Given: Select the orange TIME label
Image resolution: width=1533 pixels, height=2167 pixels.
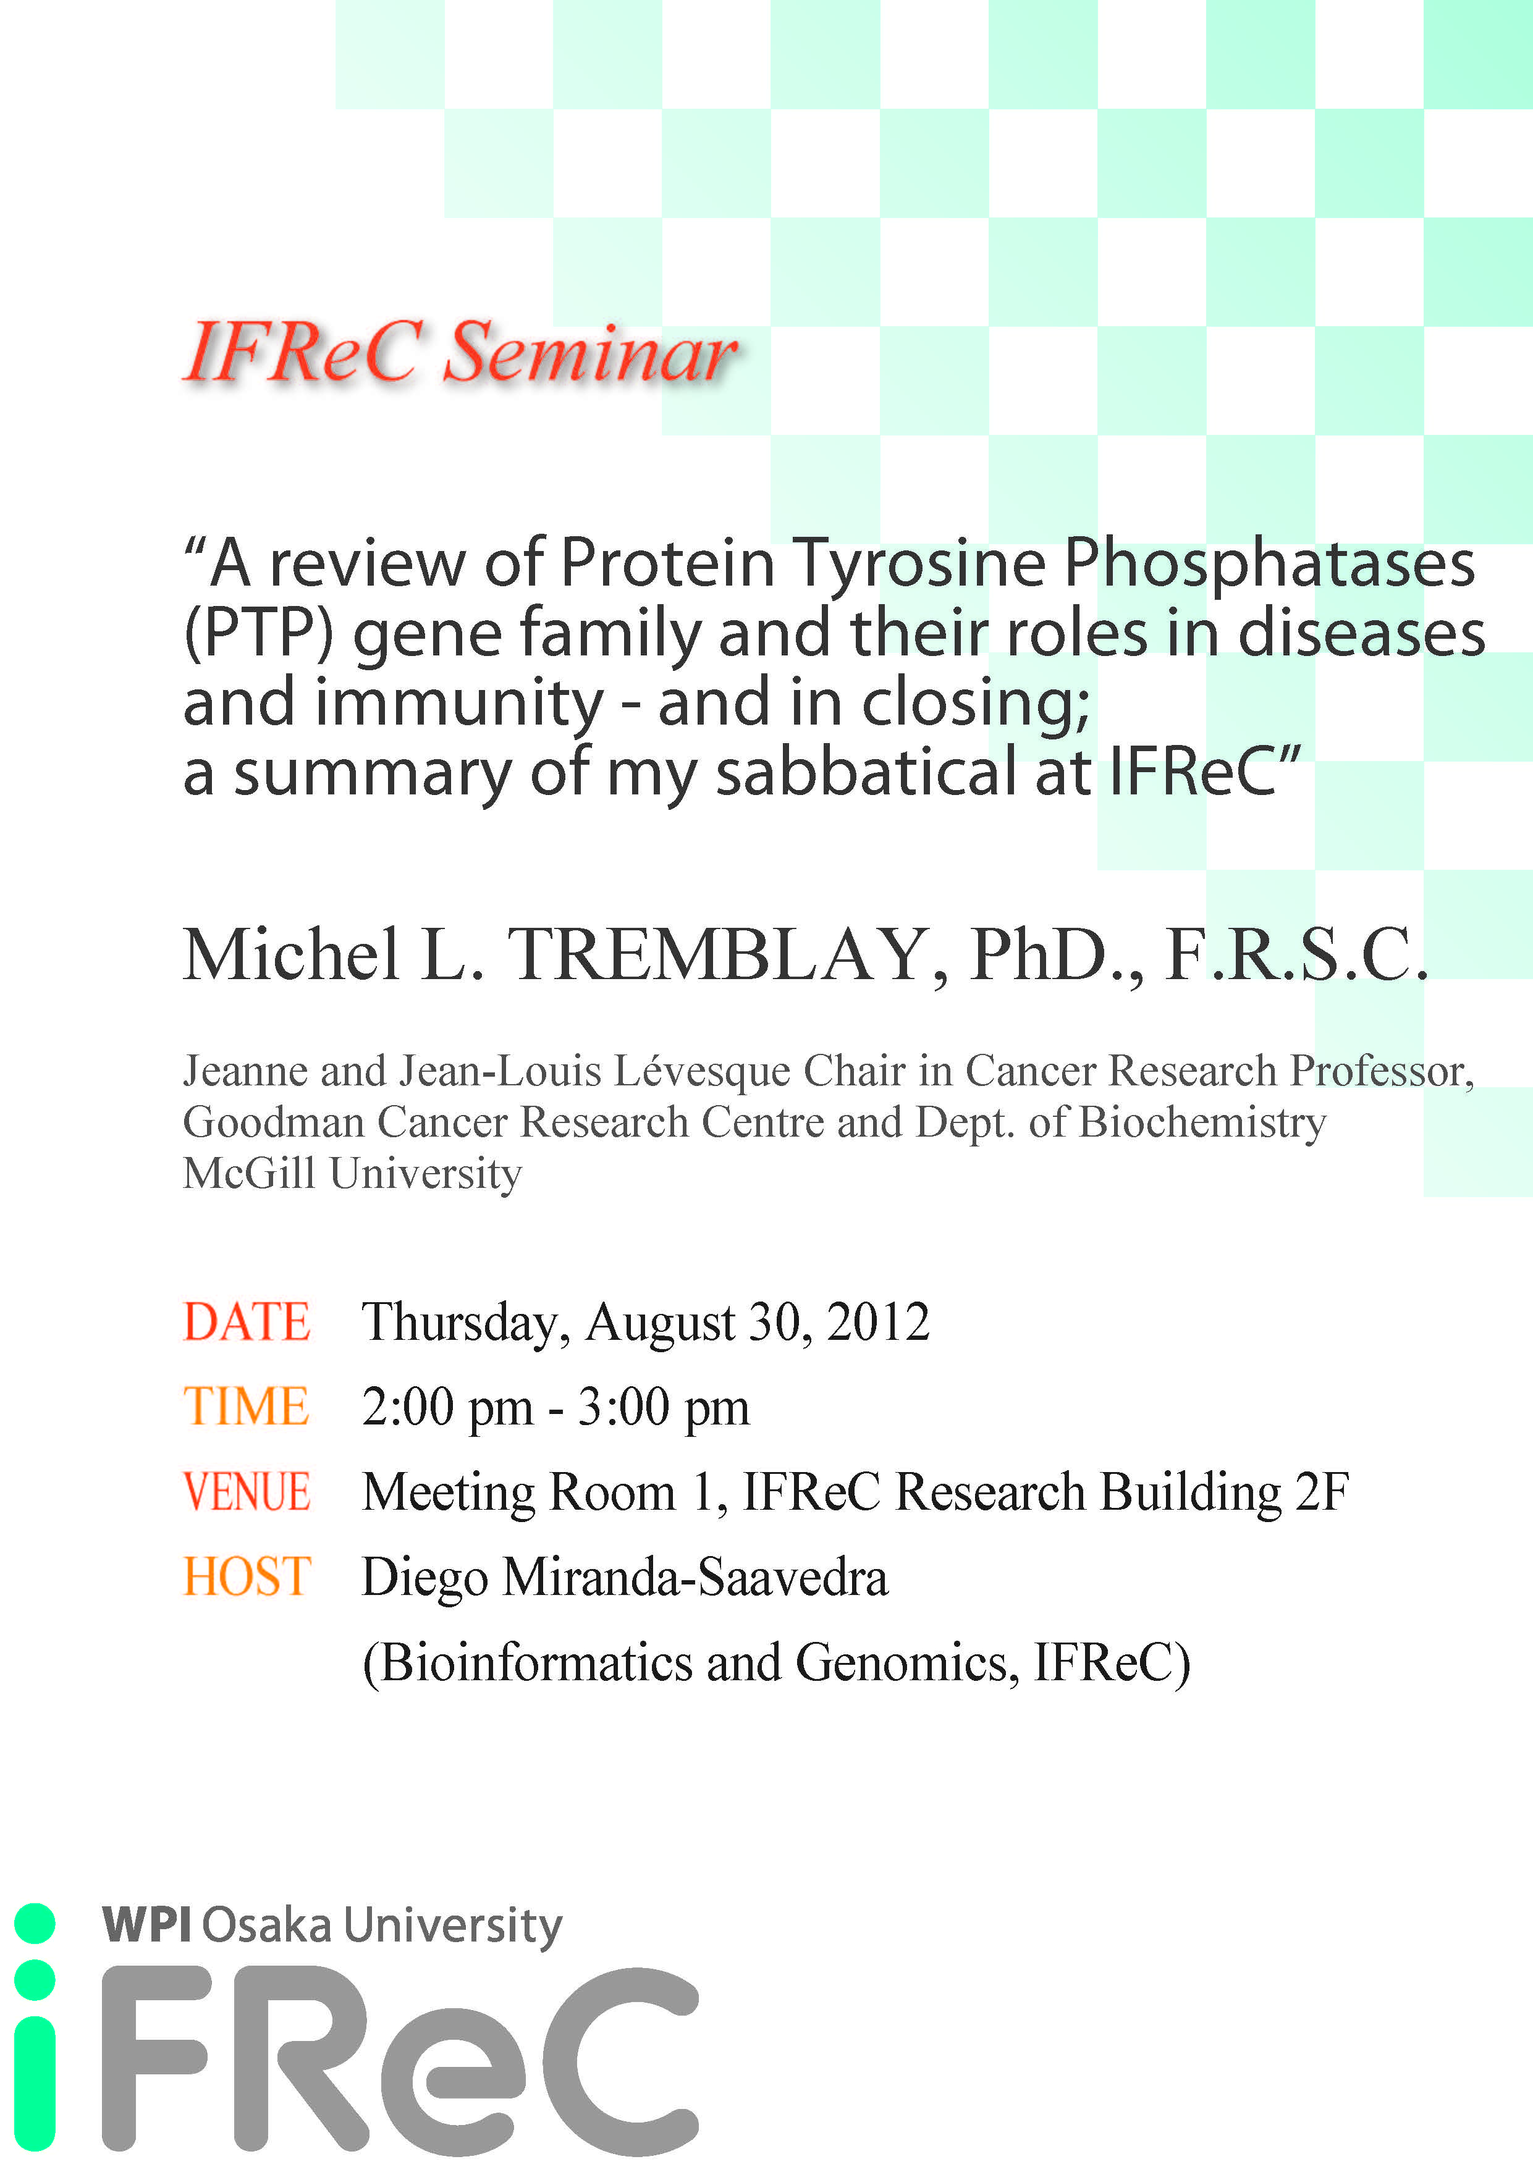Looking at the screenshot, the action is (x=247, y=1407).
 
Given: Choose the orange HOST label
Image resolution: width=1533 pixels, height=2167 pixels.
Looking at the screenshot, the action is (x=247, y=1576).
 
